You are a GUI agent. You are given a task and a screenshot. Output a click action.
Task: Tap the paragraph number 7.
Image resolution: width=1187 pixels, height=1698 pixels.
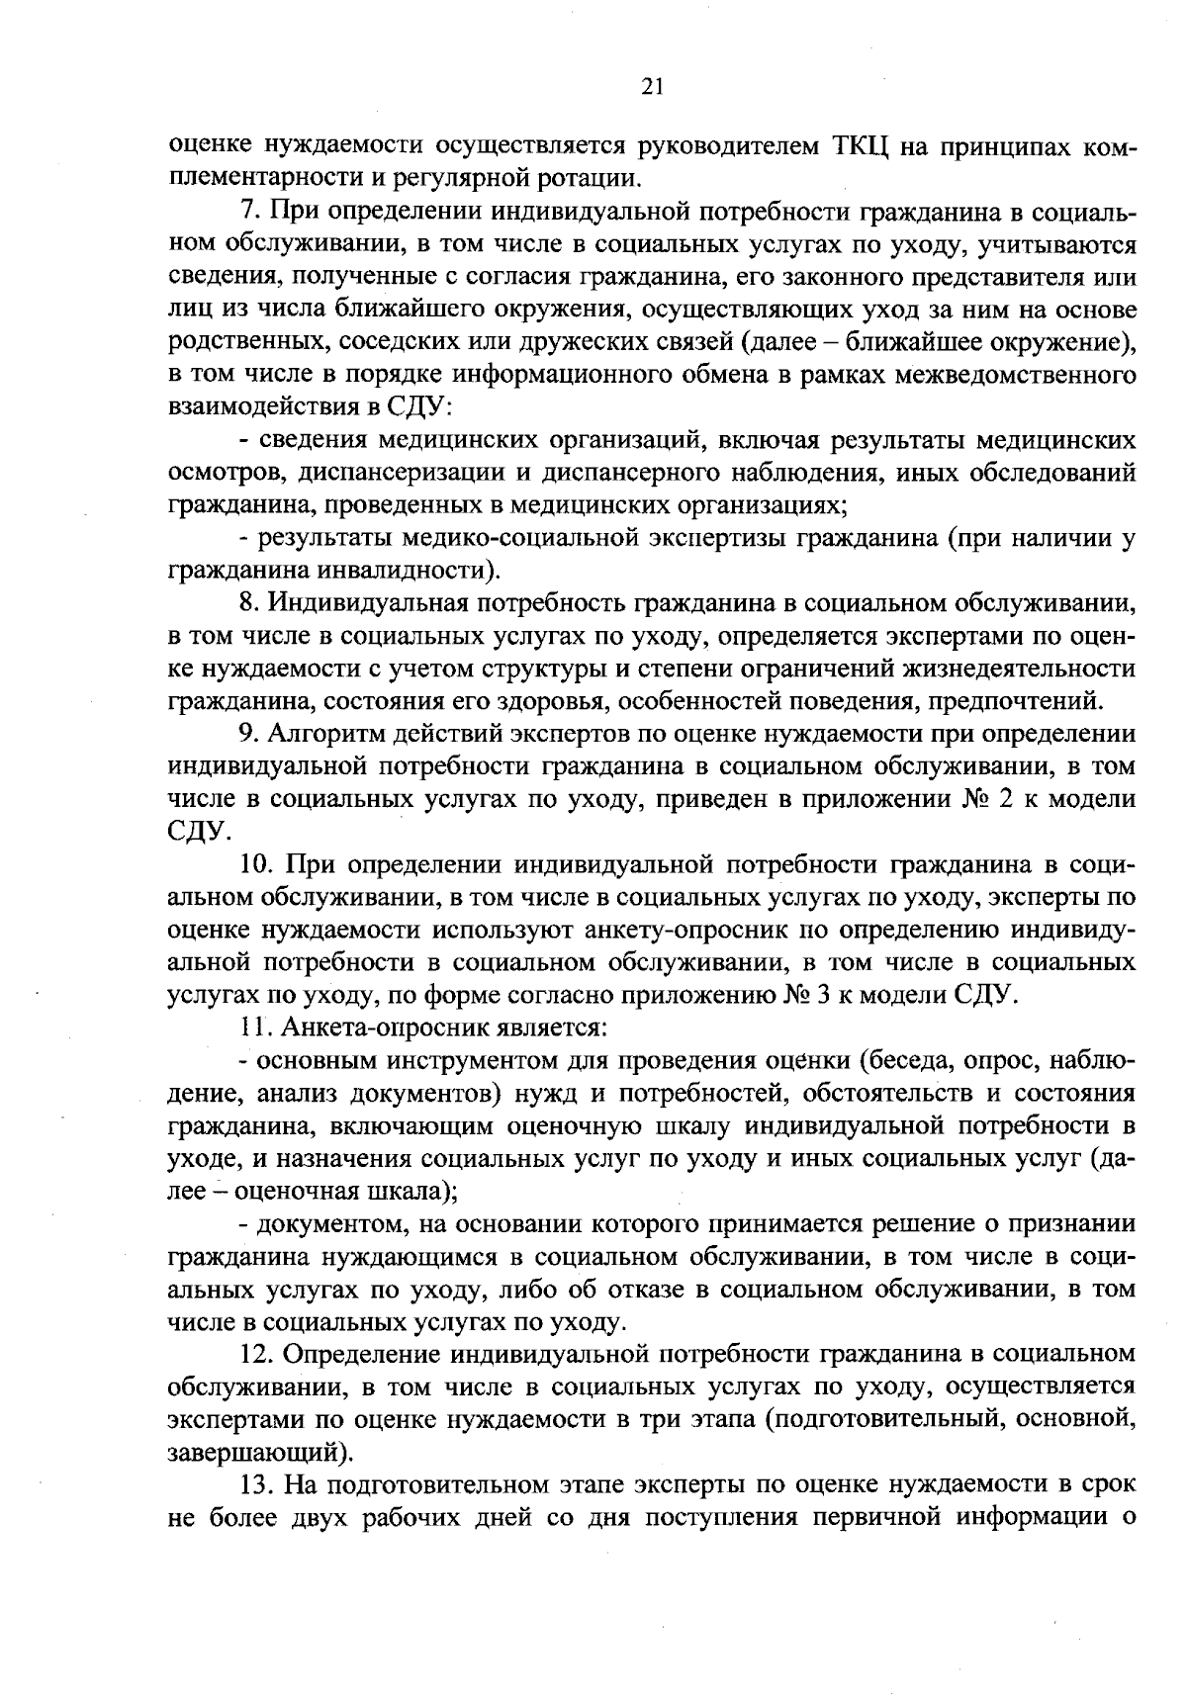coord(248,212)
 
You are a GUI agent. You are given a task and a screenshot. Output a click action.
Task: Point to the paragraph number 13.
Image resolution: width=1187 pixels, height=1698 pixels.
coord(256,1484)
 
